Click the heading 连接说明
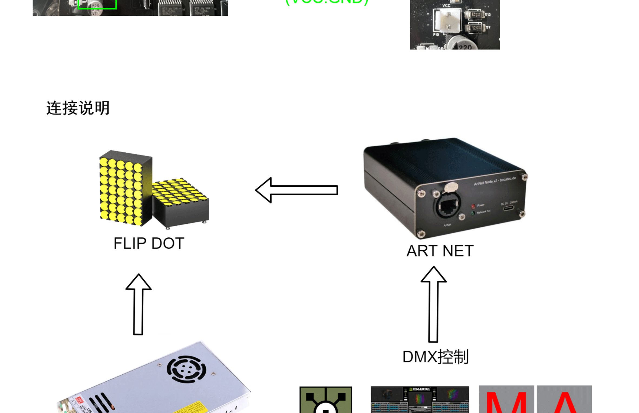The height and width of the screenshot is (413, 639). [x=78, y=108]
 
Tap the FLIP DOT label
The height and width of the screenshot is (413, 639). [x=149, y=243]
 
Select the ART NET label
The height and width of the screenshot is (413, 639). [x=440, y=251]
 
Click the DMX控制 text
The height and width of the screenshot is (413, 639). [x=435, y=357]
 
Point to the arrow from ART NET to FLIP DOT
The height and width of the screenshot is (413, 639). [x=297, y=190]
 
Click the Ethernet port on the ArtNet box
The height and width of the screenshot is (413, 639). [x=448, y=207]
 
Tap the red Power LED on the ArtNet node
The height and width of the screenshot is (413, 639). [x=473, y=207]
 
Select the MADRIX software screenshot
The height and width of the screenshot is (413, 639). [x=420, y=399]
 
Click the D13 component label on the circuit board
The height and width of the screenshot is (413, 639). [x=488, y=15]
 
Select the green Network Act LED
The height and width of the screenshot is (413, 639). [x=473, y=213]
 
